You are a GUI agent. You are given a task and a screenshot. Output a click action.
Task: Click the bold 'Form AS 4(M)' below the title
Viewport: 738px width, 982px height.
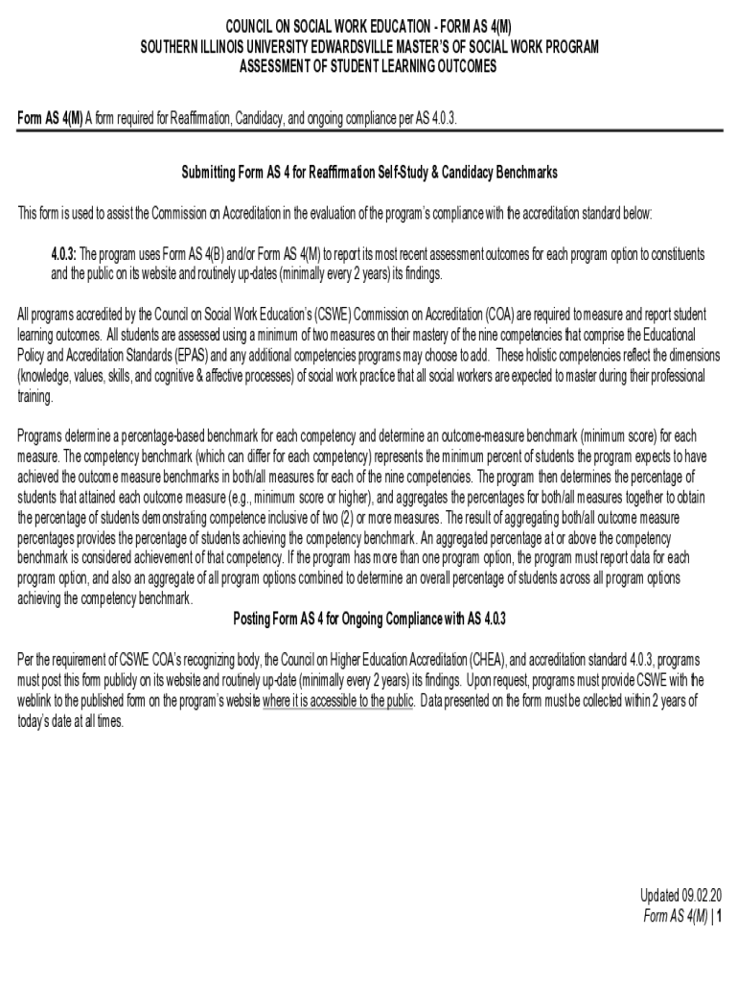coord(50,118)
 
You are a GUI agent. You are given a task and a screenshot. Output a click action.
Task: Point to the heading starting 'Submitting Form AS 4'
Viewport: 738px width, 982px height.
coord(369,174)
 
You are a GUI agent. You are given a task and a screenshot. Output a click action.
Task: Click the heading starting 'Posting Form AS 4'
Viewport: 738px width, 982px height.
coord(369,619)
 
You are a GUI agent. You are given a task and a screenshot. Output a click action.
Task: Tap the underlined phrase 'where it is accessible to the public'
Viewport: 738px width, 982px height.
coord(338,701)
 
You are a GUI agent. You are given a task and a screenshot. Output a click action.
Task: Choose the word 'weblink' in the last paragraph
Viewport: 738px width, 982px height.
coord(37,701)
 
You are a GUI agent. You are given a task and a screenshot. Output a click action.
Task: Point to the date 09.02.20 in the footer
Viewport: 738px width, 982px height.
coord(702,896)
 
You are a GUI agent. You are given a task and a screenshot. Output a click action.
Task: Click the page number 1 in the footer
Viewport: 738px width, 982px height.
coord(719,916)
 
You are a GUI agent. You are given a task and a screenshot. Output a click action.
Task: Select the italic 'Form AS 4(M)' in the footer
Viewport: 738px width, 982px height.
coord(676,916)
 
